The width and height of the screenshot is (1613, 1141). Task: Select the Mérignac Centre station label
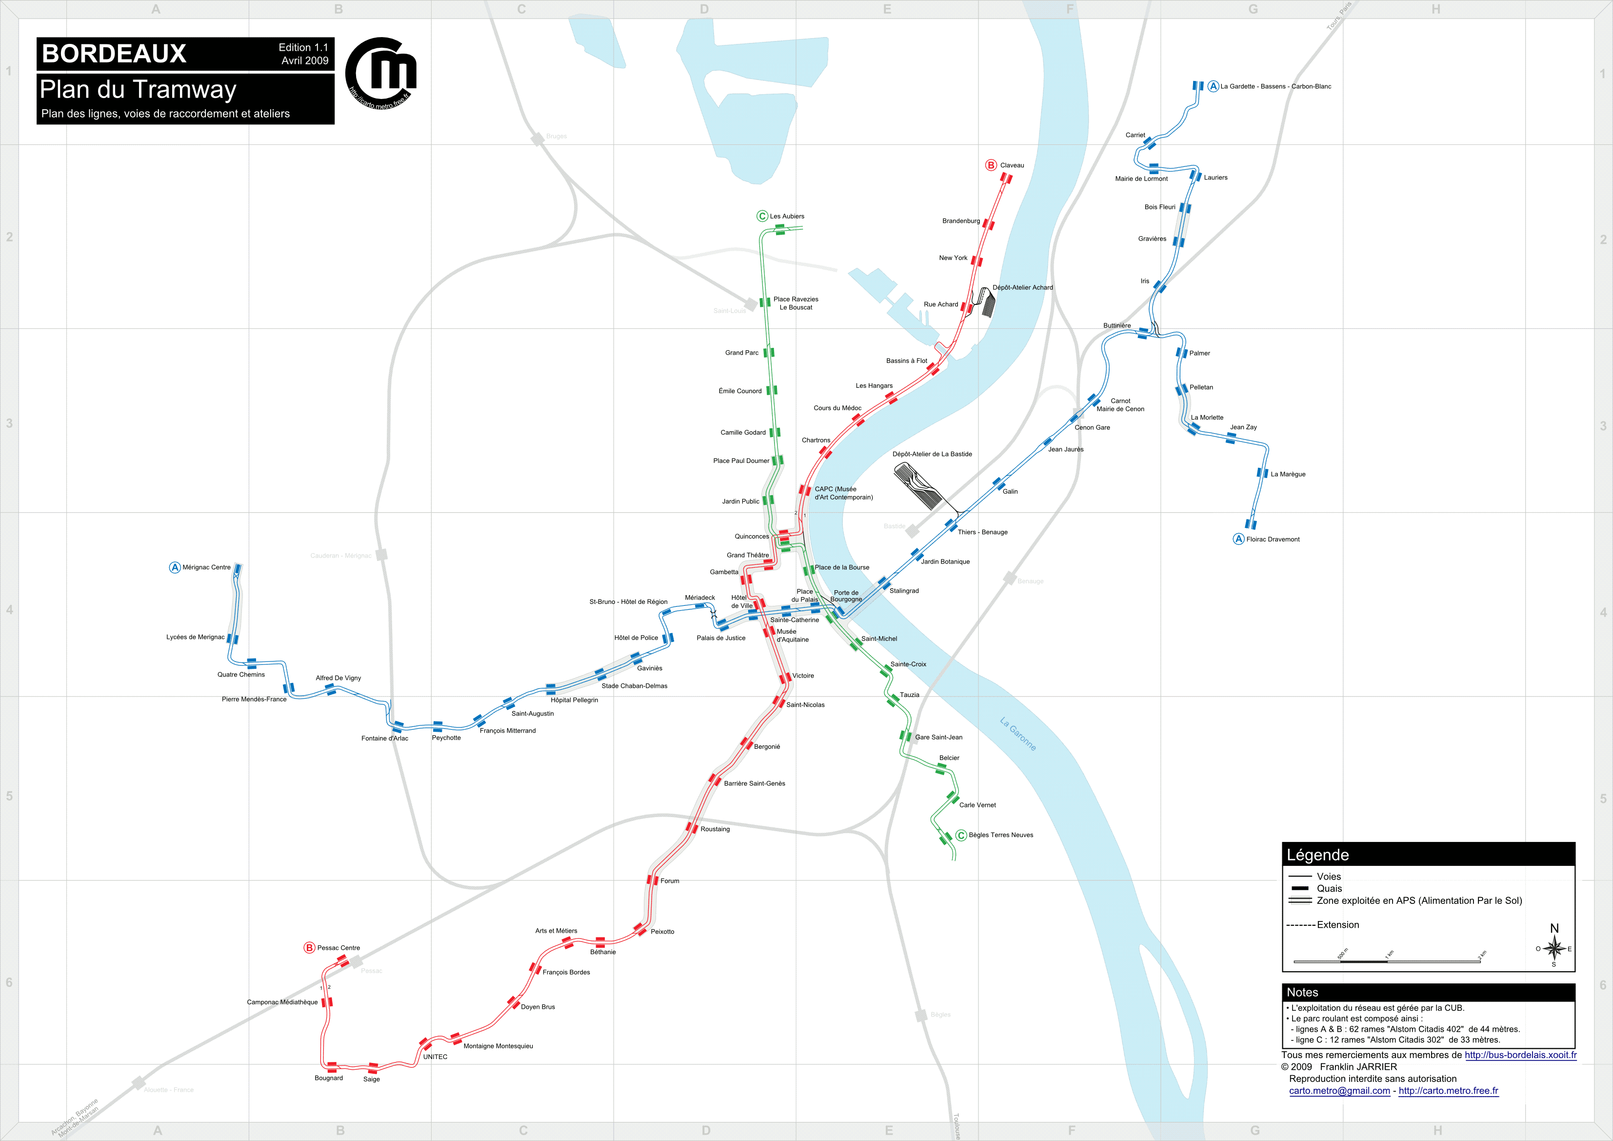(x=206, y=567)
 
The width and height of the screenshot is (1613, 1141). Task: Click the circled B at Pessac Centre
(x=309, y=948)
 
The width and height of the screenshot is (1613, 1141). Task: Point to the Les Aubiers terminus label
(x=787, y=217)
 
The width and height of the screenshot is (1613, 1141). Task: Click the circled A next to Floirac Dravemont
(x=1238, y=539)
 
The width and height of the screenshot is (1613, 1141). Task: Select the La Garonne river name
(x=1017, y=734)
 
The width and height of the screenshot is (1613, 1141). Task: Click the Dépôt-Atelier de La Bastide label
(x=932, y=454)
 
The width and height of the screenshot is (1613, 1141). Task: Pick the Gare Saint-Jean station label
(x=938, y=737)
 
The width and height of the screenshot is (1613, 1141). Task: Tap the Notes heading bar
(x=1428, y=992)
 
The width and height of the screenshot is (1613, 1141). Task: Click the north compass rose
(x=1554, y=948)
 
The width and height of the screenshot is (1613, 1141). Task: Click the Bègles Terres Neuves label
(x=1000, y=835)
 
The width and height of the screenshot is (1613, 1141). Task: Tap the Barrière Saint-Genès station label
(x=755, y=783)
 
